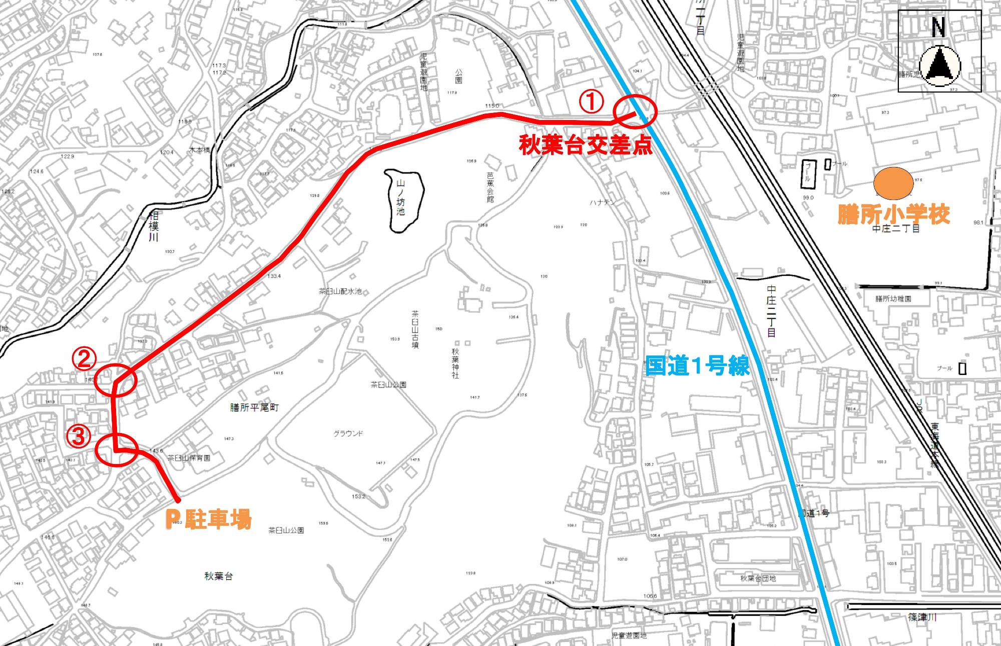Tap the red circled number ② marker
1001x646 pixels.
coord(84,358)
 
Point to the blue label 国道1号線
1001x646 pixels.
coord(697,366)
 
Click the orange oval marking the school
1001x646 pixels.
coord(893,182)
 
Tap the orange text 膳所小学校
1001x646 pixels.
coord(894,215)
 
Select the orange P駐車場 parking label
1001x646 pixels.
coord(208,520)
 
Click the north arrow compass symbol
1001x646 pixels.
coord(939,65)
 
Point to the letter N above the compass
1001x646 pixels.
coord(938,28)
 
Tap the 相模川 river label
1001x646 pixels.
coord(154,225)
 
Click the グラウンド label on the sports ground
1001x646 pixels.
coord(348,433)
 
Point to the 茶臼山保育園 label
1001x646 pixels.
coord(189,457)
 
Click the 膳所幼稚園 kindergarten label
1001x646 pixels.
coord(893,298)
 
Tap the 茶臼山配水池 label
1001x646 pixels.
coord(340,291)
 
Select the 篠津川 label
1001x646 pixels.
coord(922,617)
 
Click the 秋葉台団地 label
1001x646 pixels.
coord(758,578)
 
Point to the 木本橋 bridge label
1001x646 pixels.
coord(200,150)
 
